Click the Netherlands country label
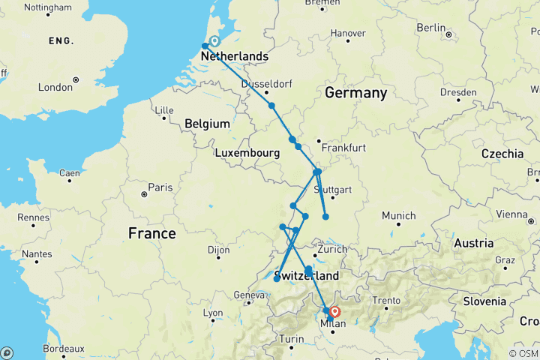(234, 57)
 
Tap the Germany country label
(355, 93)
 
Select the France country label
(151, 233)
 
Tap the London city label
(55, 87)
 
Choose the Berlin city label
(430, 28)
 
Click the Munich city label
(398, 216)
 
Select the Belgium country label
(205, 123)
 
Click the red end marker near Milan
(334, 311)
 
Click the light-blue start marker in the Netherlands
(214, 42)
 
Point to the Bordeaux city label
(62, 349)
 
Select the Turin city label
(291, 339)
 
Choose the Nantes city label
(37, 254)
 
